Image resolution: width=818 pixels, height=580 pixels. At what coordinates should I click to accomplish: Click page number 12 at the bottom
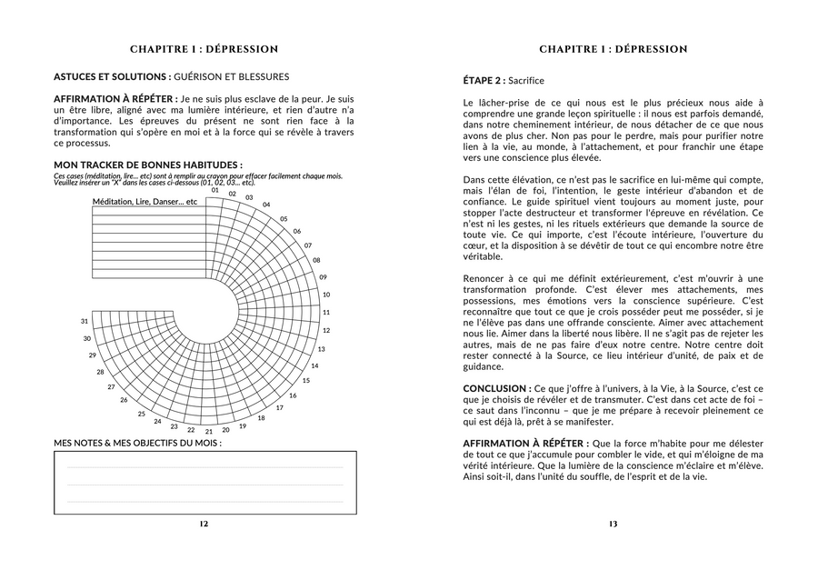[x=204, y=524]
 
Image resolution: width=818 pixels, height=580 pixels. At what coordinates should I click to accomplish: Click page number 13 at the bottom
[x=613, y=524]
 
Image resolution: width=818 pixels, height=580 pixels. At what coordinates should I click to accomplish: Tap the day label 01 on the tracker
[x=215, y=190]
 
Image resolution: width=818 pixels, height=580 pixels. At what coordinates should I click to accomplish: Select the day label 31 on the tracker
[x=85, y=321]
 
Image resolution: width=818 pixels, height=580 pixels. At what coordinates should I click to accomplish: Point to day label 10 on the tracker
[x=326, y=295]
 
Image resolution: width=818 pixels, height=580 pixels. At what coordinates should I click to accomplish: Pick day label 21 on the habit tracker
[x=209, y=431]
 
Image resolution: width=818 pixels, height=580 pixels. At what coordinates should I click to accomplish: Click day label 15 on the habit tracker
[x=305, y=380]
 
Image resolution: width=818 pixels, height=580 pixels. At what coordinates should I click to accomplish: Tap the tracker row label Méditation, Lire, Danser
[x=145, y=201]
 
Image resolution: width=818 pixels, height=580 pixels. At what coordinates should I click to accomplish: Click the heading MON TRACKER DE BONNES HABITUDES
[x=147, y=165]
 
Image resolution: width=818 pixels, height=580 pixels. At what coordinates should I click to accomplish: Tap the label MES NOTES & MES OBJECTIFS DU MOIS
[x=137, y=443]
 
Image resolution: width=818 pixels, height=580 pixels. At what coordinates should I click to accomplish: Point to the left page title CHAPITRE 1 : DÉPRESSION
[x=204, y=49]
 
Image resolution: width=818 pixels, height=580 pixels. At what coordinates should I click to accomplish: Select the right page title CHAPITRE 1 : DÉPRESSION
[x=613, y=49]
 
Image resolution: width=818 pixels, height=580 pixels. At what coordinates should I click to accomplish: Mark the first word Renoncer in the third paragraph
[x=484, y=277]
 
